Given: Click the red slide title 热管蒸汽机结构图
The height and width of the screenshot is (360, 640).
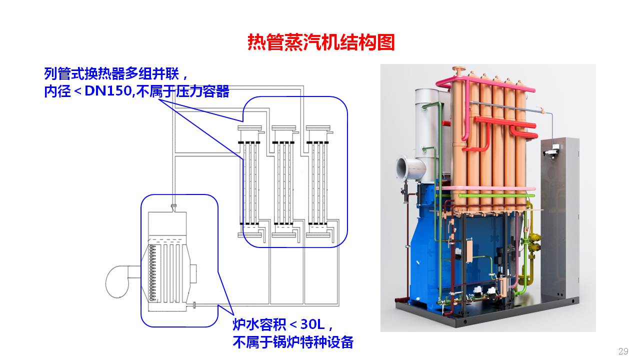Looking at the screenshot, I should pyautogui.click(x=321, y=42).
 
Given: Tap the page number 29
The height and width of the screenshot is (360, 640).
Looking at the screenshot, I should pyautogui.click(x=623, y=351).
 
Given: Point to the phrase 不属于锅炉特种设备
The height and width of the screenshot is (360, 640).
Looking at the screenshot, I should pyautogui.click(x=293, y=342).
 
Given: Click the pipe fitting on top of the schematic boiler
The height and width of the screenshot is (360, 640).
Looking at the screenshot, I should pyautogui.click(x=173, y=206).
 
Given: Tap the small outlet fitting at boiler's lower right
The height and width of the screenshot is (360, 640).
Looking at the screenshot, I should pyautogui.click(x=194, y=304).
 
